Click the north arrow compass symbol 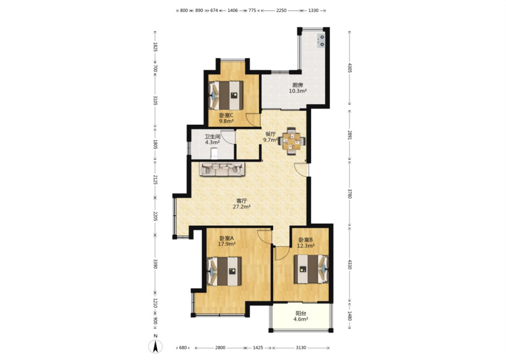(x=155, y=346)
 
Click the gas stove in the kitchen (x=321, y=41)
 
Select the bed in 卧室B (x=311, y=269)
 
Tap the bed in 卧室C (x=226, y=95)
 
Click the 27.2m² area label (x=241, y=207)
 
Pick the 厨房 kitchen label (x=298, y=85)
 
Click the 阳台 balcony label (x=301, y=314)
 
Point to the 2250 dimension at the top (x=281, y=11)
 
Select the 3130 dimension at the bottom (x=301, y=348)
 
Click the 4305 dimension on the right (x=350, y=68)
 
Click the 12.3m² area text (x=306, y=246)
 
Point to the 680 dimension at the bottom (x=183, y=348)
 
